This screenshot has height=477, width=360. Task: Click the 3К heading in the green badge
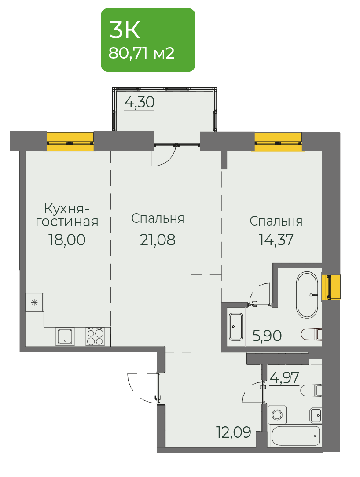tap(125, 30)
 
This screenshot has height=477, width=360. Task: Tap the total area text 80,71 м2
tap(141, 53)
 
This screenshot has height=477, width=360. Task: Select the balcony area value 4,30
tap(139, 102)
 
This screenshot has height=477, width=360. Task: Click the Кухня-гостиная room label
tap(67, 215)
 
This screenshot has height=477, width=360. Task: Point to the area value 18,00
tap(67, 240)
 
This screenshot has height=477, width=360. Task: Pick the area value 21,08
tap(158, 240)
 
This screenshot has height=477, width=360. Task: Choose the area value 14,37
tap(276, 240)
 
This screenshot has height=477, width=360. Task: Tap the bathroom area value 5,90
tap(267, 336)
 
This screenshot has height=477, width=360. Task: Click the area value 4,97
tap(284, 377)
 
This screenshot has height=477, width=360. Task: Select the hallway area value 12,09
tap(234, 432)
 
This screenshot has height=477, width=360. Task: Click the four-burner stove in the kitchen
tap(95, 336)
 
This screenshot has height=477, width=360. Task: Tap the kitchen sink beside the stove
tap(65, 336)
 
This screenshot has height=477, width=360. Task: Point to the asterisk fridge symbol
tap(34, 303)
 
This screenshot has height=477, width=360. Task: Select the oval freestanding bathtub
tap(307, 295)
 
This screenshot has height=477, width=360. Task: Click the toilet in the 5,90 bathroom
tap(311, 334)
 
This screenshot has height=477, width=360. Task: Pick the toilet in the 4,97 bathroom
tap(311, 390)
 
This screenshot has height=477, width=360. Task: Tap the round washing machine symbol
tap(277, 414)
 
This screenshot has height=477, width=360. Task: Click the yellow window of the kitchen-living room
tap(70, 141)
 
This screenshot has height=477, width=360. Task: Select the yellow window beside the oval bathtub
tap(331, 287)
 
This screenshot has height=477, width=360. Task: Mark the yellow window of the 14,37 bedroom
tap(278, 141)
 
